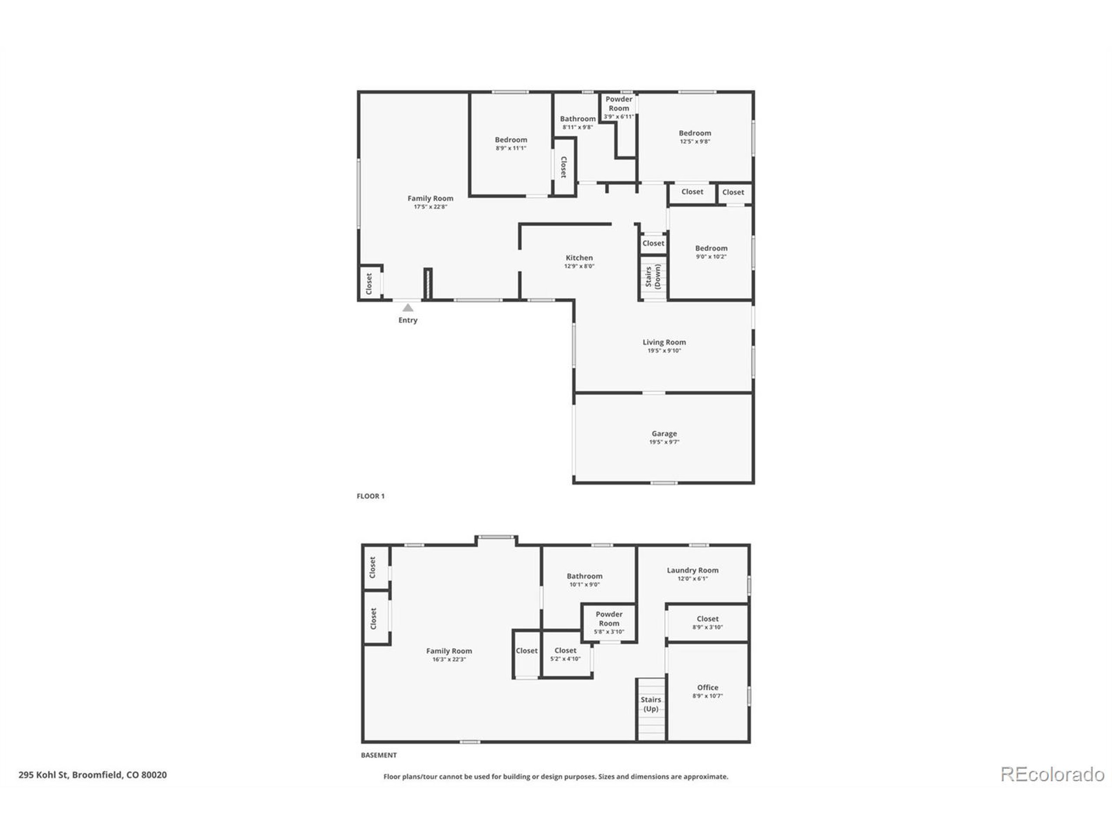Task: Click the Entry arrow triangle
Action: pos(408,308)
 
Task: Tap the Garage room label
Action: pos(664,434)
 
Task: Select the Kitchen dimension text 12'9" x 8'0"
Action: pos(579,266)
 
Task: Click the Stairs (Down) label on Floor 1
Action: pos(652,277)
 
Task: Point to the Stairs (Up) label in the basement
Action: pos(651,704)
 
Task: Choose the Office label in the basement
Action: pos(707,687)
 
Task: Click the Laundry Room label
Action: pos(692,570)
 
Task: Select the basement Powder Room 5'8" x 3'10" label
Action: pos(609,622)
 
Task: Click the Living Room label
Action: pos(664,342)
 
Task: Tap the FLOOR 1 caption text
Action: pos(371,496)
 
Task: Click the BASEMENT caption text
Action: pos(378,755)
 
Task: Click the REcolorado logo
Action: pos(1052,774)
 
